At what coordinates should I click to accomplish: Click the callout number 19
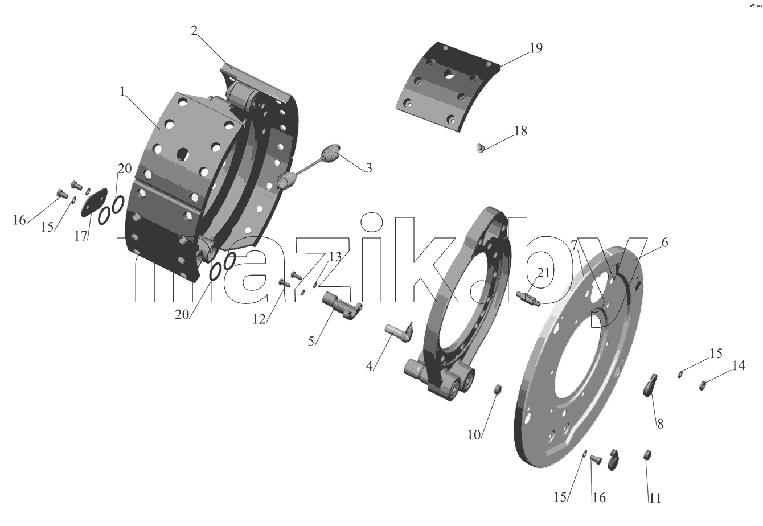(x=536, y=48)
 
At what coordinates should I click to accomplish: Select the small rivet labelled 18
(x=480, y=148)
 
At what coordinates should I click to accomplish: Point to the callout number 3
(x=369, y=168)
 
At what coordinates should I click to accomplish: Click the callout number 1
(x=122, y=91)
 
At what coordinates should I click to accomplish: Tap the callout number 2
(x=194, y=31)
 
